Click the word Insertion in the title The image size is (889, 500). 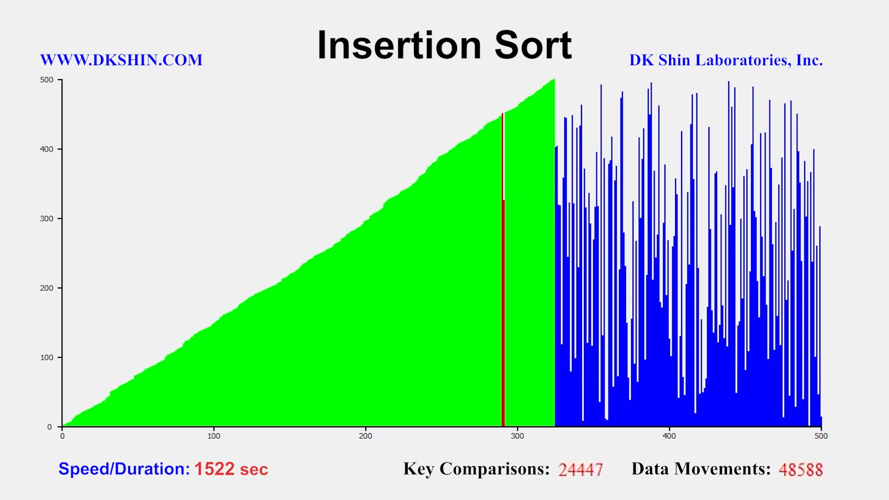point(399,45)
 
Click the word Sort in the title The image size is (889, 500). point(533,45)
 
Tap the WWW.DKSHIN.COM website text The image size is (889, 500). point(121,60)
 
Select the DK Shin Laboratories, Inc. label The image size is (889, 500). point(726,60)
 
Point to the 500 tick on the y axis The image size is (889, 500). point(47,80)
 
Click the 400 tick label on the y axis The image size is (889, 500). point(47,149)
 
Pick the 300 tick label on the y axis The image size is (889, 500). point(47,219)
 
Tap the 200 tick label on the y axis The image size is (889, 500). point(47,288)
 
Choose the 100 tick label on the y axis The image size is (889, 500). point(47,357)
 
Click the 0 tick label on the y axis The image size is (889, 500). point(50,427)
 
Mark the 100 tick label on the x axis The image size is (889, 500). point(214,436)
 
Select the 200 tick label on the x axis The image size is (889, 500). point(366,436)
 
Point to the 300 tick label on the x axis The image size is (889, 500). point(517,436)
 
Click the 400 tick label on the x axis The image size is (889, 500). point(669,436)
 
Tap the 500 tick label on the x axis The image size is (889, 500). point(821,436)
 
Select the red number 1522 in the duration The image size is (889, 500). point(214,469)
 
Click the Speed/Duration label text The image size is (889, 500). point(124,469)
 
